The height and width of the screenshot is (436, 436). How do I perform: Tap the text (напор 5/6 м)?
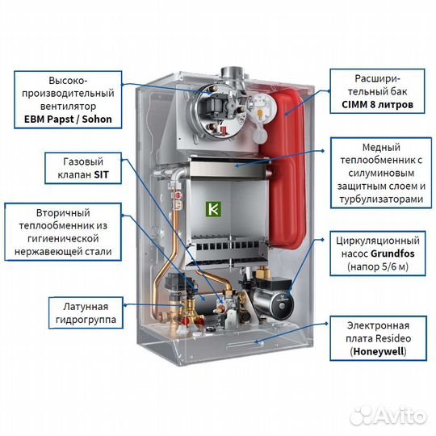(x=377, y=266)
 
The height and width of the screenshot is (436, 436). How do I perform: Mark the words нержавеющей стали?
(x=62, y=253)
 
